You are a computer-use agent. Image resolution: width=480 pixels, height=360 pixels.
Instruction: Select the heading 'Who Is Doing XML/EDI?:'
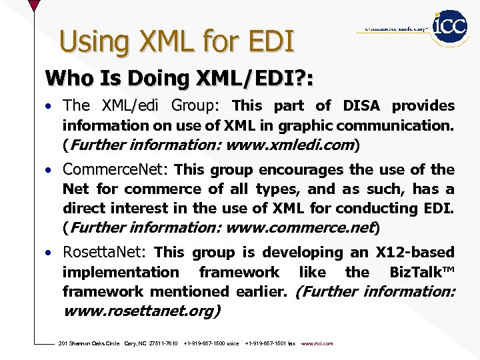179,78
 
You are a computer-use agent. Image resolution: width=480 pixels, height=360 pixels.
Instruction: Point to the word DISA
361,105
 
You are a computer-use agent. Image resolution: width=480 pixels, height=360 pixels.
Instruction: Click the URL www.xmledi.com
290,145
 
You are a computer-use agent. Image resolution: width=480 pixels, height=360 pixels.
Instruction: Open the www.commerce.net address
299,227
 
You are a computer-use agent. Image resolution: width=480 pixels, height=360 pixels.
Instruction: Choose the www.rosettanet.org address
141,311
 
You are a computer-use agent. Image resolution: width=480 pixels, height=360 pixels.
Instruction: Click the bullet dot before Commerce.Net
49,170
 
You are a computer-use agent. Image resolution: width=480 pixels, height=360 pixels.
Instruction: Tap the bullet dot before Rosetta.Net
49,253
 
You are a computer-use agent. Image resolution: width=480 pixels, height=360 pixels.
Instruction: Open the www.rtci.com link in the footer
317,343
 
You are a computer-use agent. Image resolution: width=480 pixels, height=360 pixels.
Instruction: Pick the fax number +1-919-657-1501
265,343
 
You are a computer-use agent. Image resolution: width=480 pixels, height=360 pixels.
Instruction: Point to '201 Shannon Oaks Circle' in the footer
89,343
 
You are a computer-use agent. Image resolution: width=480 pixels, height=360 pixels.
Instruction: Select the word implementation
121,272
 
